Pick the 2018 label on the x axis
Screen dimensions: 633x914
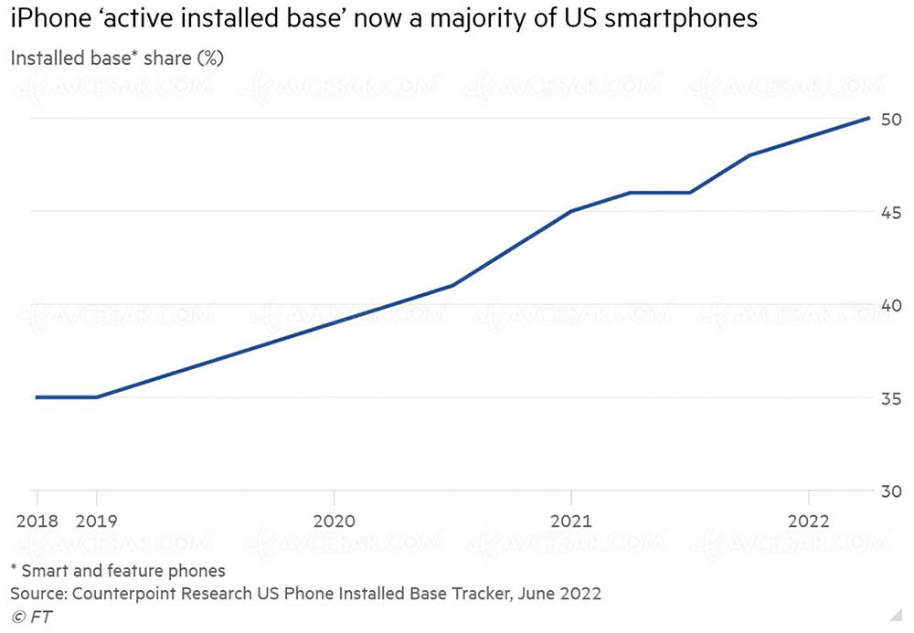[37, 522]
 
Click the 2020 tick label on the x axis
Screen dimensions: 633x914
[334, 522]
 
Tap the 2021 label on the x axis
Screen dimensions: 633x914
[570, 522]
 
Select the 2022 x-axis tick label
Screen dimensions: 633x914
[808, 522]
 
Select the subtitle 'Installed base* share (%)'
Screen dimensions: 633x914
[117, 58]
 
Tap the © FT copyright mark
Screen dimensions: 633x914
[31, 617]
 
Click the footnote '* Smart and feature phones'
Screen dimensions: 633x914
[117, 572]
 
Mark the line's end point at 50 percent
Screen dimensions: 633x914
[867, 119]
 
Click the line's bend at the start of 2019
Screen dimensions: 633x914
[97, 397]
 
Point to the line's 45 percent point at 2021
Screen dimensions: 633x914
[570, 211]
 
